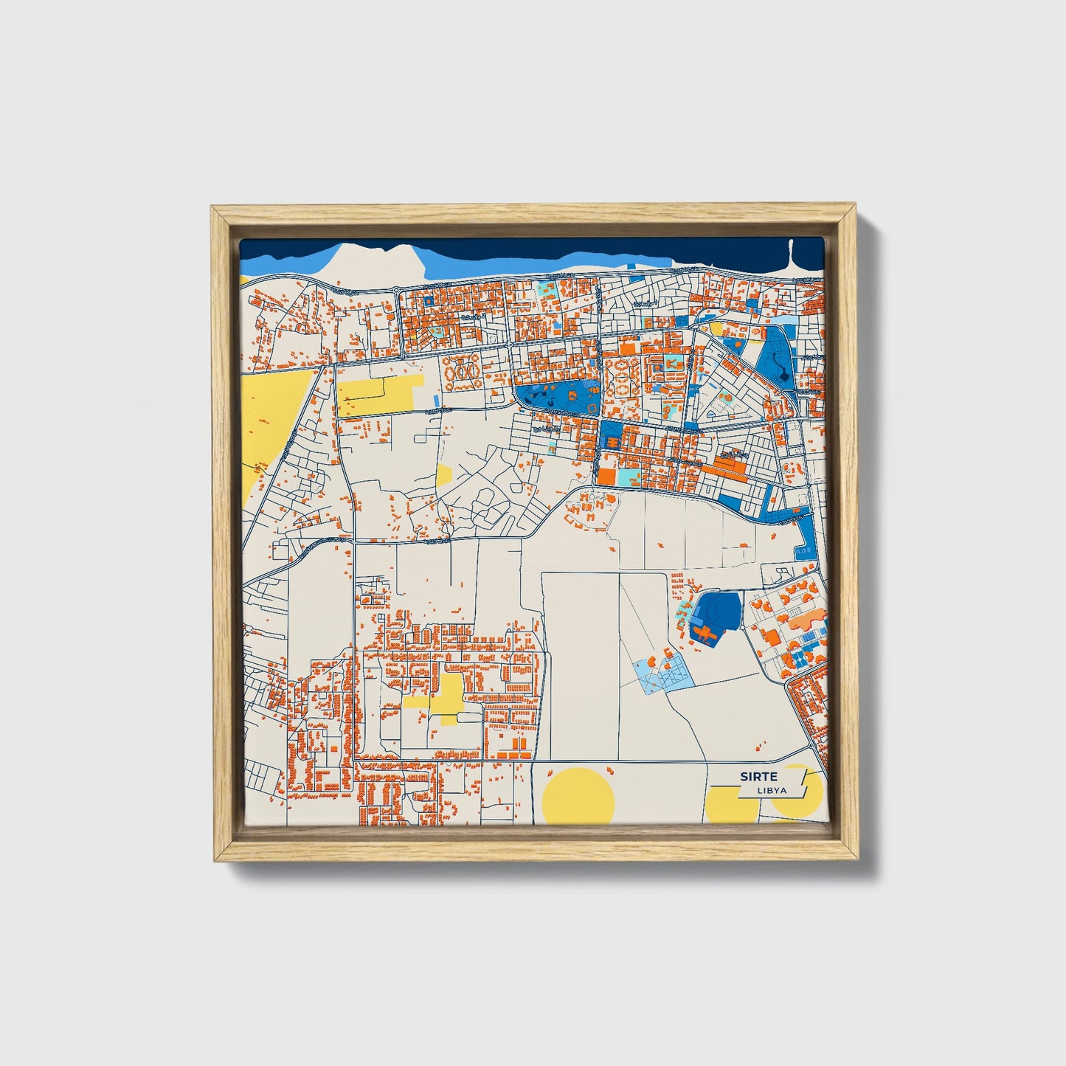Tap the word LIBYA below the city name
(x=772, y=791)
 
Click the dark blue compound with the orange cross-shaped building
(x=714, y=616)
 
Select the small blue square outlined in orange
(x=428, y=301)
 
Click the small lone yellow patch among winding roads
(x=443, y=475)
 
